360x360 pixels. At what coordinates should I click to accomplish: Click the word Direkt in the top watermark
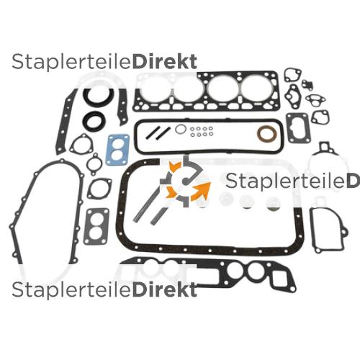165,62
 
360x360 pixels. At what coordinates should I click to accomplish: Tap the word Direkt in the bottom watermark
165,290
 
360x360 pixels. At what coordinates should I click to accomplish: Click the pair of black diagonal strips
158,133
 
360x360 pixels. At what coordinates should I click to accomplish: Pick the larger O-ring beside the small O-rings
181,130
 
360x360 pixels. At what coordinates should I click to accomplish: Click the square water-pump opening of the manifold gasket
279,278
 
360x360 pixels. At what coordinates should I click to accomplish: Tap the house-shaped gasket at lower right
312,230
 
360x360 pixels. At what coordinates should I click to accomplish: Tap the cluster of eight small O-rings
202,131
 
